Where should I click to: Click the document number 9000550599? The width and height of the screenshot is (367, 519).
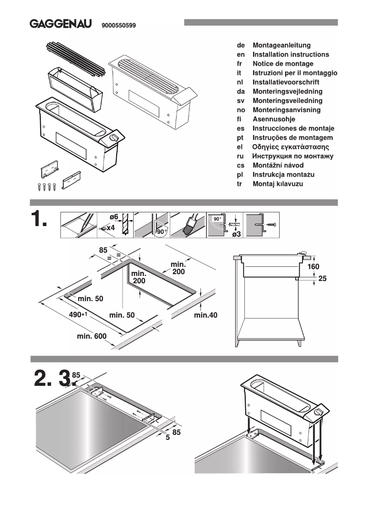118,26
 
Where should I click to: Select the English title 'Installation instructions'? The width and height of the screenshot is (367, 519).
291,54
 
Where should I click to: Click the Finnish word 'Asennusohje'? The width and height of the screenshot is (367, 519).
274,119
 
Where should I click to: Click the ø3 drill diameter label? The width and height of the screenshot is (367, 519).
236,234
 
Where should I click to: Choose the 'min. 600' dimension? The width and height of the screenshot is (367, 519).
92,336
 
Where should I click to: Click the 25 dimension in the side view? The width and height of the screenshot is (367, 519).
322,278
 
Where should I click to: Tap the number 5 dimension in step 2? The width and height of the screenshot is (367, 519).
167,437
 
